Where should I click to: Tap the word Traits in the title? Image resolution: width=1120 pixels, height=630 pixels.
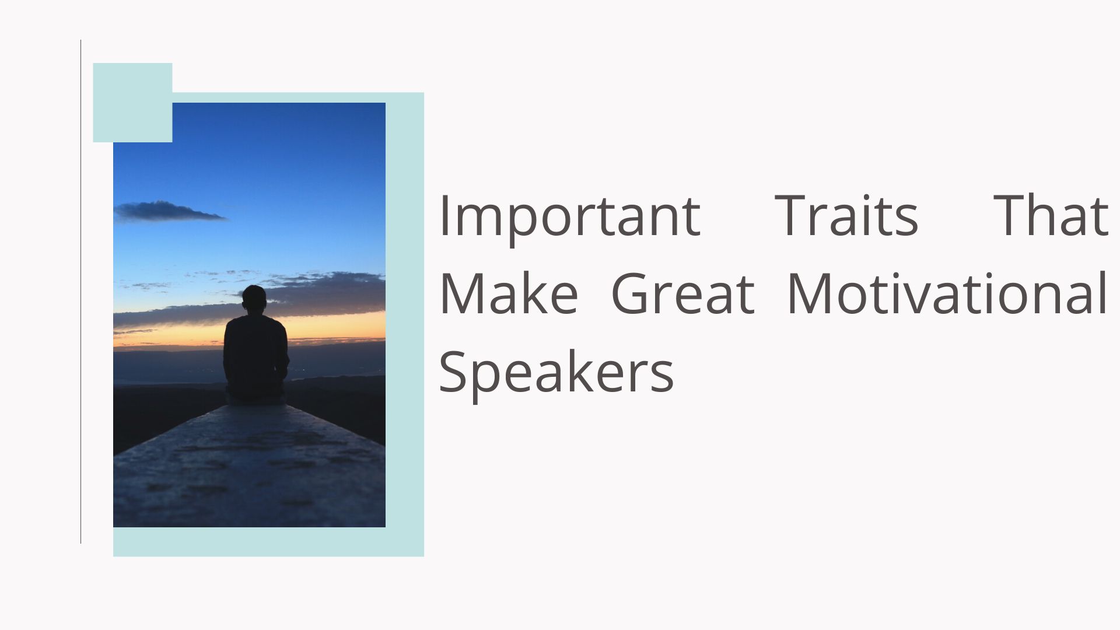pos(846,215)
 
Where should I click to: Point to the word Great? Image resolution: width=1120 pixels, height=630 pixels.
pos(682,293)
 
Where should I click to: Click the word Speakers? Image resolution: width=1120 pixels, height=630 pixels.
pos(556,372)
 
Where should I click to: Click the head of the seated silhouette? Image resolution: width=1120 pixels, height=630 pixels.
pos(254,299)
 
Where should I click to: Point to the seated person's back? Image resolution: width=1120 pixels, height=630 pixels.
pos(256,350)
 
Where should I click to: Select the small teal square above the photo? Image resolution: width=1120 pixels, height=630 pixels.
pos(132,103)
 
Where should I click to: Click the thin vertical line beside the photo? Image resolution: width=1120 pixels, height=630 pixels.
pos(80,292)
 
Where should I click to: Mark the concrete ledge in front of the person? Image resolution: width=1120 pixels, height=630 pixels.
pos(249,467)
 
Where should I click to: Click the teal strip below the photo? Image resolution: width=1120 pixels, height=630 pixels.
pos(268,542)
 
